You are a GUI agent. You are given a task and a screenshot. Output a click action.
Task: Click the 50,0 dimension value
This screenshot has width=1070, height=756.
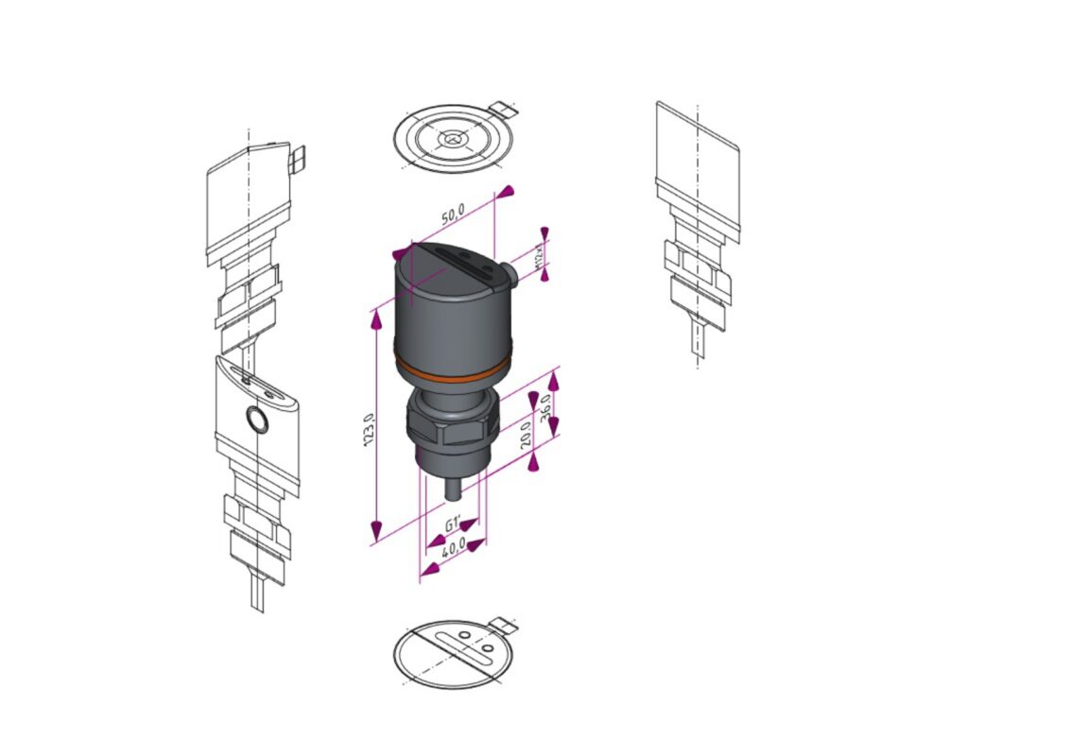pos(453,215)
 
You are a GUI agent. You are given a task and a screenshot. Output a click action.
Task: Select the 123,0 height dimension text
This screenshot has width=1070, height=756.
pos(371,430)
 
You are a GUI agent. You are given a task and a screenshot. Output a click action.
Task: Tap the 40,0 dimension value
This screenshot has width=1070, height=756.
pos(455,547)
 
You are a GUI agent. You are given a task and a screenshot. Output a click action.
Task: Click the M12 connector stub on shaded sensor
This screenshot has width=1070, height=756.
pos(509,274)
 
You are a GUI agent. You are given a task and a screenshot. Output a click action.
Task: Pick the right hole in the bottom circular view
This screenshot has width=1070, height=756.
pos(486,649)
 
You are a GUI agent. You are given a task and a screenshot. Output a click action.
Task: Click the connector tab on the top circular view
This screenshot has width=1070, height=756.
pos(506,110)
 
